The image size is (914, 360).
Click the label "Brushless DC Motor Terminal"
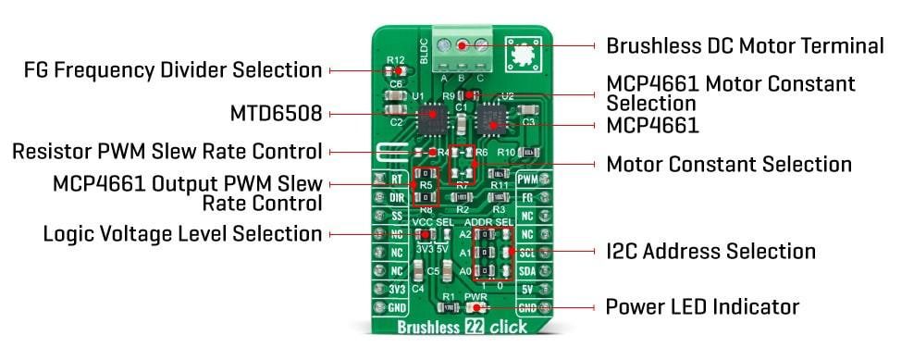tap(745, 45)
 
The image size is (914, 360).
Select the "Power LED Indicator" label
tap(701, 306)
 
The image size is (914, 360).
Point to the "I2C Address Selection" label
tap(710, 251)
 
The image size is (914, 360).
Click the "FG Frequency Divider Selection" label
tap(173, 70)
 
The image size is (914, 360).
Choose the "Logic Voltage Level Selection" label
tap(182, 233)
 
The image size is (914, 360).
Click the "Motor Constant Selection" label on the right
tap(728, 165)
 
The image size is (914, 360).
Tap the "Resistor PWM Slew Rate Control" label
tap(167, 151)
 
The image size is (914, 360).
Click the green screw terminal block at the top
tap(465, 44)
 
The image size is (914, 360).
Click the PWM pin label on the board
tap(527, 180)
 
